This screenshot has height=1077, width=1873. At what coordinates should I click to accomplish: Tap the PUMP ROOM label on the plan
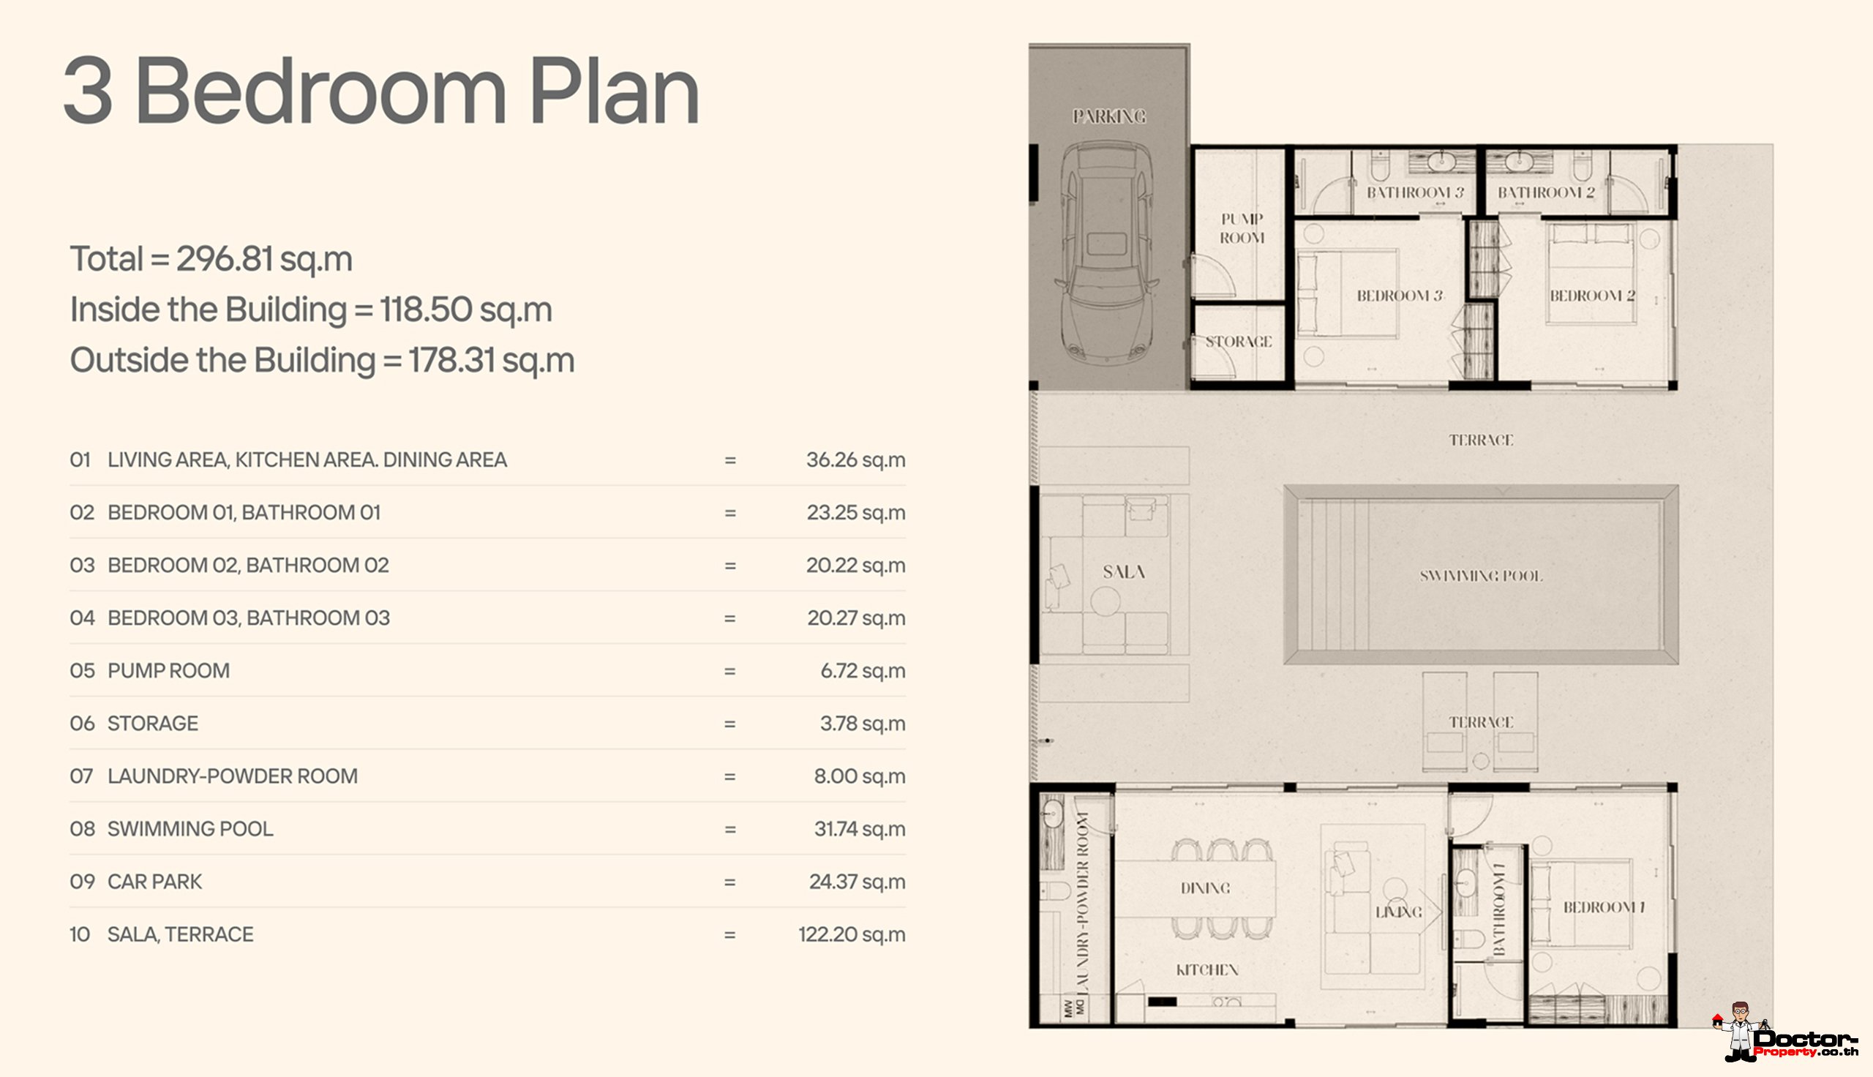pos(1242,228)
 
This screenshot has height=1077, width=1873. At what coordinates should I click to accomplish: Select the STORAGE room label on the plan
pos(1239,342)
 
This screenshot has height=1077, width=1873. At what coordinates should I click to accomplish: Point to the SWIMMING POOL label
pos(1480,576)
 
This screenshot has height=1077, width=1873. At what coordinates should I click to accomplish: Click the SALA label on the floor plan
pos(1124,571)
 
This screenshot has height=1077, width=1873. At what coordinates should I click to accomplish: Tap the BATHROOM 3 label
pos(1415,192)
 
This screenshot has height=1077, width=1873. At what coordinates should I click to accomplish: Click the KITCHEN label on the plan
pos(1206,969)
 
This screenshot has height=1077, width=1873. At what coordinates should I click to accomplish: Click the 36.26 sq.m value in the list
pos(855,460)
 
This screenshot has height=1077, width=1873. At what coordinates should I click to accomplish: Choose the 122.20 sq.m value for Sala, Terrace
pos(852,934)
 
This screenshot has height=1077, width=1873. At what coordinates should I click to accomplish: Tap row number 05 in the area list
pos(82,671)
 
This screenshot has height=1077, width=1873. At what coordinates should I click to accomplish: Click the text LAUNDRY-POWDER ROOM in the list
pos(232,776)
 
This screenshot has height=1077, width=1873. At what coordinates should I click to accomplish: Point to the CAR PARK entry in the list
pos(154,882)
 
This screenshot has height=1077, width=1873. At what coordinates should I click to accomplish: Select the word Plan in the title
pos(615,91)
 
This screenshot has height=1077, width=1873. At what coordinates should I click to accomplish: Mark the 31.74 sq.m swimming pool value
pos(860,828)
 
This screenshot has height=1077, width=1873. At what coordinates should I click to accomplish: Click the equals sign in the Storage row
pos(730,724)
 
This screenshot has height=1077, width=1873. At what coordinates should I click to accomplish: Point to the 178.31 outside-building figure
pos(452,360)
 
